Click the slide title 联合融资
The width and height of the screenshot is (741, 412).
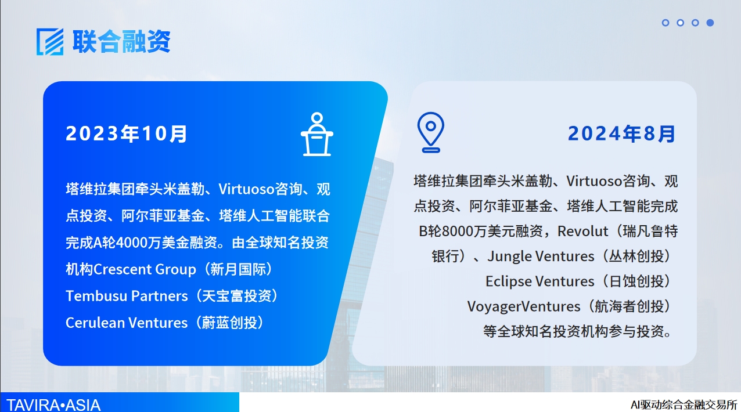[121, 41]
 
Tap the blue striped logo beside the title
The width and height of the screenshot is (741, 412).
[50, 42]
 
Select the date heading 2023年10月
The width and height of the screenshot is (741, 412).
[127, 133]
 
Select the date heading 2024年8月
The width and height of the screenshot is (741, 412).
[621, 133]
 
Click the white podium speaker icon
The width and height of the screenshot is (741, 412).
[317, 134]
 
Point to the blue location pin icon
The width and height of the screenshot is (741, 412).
[431, 132]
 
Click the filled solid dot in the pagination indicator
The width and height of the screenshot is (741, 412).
[710, 23]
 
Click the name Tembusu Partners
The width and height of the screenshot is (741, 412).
[127, 295]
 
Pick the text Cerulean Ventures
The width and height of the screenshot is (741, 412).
[127, 323]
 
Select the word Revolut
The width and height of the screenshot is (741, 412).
[582, 231]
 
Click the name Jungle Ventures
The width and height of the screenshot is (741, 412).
[541, 256]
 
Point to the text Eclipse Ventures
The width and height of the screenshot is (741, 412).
[539, 281]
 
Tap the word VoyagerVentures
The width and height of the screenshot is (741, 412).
[524, 306]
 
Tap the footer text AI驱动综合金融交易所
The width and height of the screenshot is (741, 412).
[684, 404]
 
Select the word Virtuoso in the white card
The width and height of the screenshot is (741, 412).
[594, 181]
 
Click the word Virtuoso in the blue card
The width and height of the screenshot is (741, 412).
[246, 189]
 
